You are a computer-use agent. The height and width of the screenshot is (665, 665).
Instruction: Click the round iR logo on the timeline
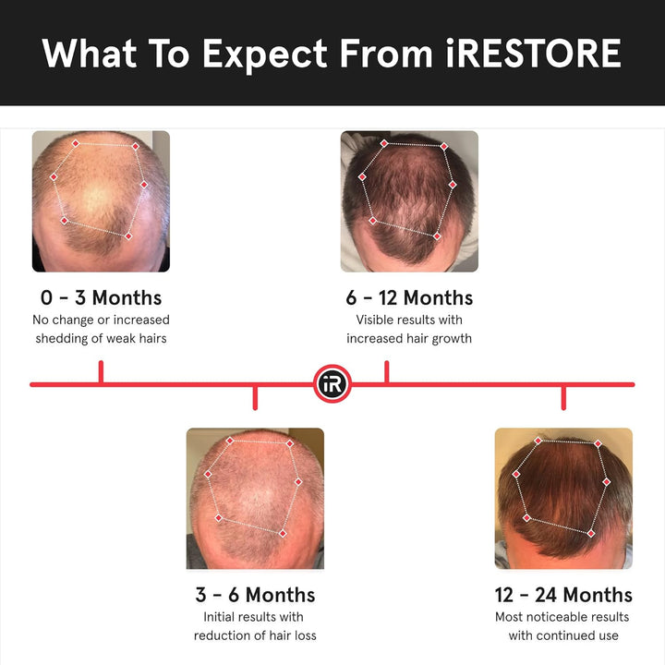[x=332, y=383]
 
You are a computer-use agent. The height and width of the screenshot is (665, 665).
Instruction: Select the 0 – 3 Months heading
[x=101, y=297]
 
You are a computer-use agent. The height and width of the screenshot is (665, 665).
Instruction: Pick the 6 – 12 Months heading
[x=409, y=297]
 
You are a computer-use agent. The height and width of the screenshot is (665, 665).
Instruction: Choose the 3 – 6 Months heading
[x=255, y=595]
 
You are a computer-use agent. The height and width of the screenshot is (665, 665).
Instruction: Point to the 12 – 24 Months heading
[x=563, y=595]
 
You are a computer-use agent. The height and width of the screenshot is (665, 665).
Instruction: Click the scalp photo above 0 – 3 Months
[x=101, y=200]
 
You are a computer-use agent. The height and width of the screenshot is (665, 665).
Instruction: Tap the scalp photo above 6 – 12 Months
[x=409, y=200]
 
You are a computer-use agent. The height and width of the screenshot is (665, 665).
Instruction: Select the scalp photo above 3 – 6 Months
[x=255, y=498]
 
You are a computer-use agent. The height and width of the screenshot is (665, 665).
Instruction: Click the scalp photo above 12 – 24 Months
[x=563, y=498]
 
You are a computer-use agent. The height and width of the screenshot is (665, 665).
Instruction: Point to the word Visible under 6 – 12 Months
[x=376, y=320]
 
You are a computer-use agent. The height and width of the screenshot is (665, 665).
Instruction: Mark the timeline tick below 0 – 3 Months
[x=101, y=372]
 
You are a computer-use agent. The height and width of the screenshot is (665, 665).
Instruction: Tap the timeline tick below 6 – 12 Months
[x=386, y=372]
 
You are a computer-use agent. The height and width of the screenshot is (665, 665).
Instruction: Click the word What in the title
[x=89, y=54]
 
